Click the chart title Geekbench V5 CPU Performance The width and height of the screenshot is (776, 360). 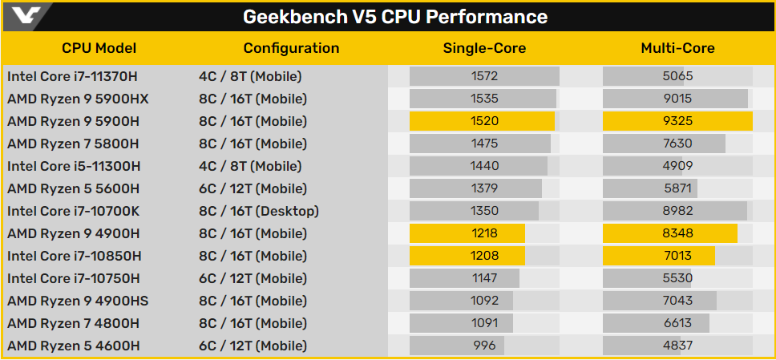click(x=395, y=17)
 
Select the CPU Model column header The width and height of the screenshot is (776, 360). click(x=99, y=48)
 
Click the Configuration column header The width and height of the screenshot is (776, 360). click(x=292, y=48)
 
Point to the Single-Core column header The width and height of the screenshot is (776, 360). click(x=484, y=48)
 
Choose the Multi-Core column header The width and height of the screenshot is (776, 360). click(x=678, y=48)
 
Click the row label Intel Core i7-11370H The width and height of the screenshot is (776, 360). click(x=72, y=76)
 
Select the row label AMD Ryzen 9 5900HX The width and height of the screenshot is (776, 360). click(x=78, y=99)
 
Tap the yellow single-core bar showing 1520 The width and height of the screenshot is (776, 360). click(x=482, y=121)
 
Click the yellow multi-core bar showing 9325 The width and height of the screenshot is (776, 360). click(x=677, y=121)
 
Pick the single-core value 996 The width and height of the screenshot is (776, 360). click(x=484, y=346)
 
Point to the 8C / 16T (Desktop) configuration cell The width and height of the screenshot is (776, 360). click(x=258, y=212)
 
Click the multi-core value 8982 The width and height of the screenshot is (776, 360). click(x=677, y=212)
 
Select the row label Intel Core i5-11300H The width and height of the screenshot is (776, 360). click(x=74, y=167)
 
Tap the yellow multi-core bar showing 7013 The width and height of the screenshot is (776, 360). click(x=659, y=256)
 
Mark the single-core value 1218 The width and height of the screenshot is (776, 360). click(x=484, y=234)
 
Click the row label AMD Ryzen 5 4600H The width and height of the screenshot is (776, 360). click(x=73, y=346)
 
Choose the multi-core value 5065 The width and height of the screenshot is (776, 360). click(x=677, y=76)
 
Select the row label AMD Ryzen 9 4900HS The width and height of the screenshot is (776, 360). click(x=78, y=301)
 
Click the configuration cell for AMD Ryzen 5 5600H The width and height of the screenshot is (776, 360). click(x=253, y=188)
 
